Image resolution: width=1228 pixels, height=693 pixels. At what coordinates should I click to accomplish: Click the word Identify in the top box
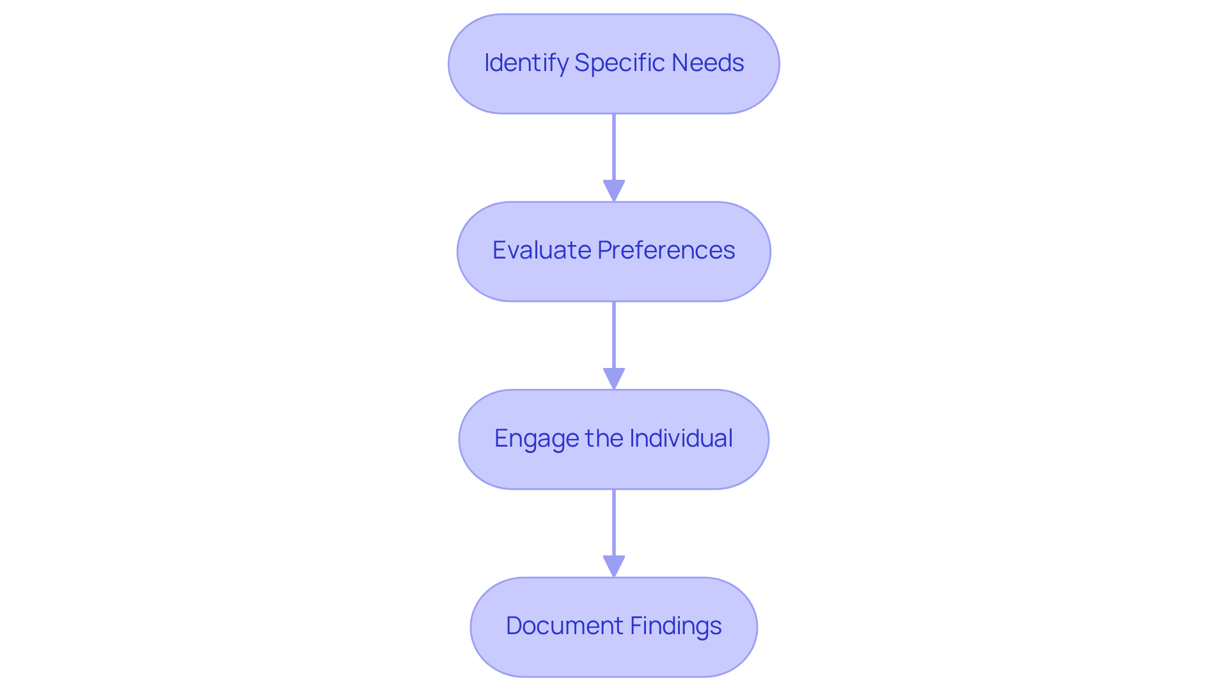pyautogui.click(x=526, y=63)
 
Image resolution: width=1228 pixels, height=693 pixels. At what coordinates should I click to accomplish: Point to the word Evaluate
pyautogui.click(x=541, y=250)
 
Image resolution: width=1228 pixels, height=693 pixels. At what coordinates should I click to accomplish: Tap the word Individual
pyautogui.click(x=681, y=438)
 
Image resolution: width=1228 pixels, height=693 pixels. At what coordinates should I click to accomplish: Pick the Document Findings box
pyautogui.click(x=614, y=659)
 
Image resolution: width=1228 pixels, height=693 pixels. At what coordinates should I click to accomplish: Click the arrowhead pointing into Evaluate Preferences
pyautogui.click(x=614, y=191)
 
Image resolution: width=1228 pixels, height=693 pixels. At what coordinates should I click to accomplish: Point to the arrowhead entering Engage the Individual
pyautogui.click(x=614, y=379)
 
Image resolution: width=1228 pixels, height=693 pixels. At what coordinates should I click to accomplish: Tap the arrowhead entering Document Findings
pyautogui.click(x=614, y=566)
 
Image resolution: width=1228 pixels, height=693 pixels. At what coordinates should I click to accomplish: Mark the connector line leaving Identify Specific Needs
pyautogui.click(x=614, y=147)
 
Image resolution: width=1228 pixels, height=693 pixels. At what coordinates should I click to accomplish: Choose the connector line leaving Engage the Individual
pyautogui.click(x=614, y=523)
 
